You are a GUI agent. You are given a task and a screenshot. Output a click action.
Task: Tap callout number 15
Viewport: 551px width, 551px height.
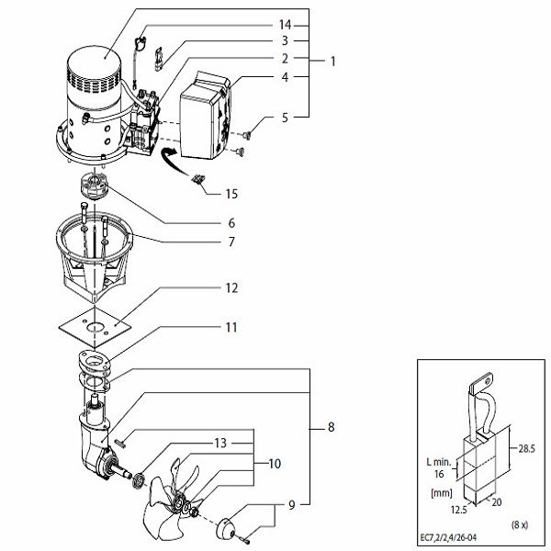coord(231,194)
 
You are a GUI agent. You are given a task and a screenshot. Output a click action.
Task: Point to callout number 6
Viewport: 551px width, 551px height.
coord(232,223)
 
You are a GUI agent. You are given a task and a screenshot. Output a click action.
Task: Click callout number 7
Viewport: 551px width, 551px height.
coord(232,242)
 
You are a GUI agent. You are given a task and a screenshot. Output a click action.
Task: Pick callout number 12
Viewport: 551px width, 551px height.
coord(232,288)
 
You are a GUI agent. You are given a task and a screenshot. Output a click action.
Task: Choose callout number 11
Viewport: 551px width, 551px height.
coord(232,326)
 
